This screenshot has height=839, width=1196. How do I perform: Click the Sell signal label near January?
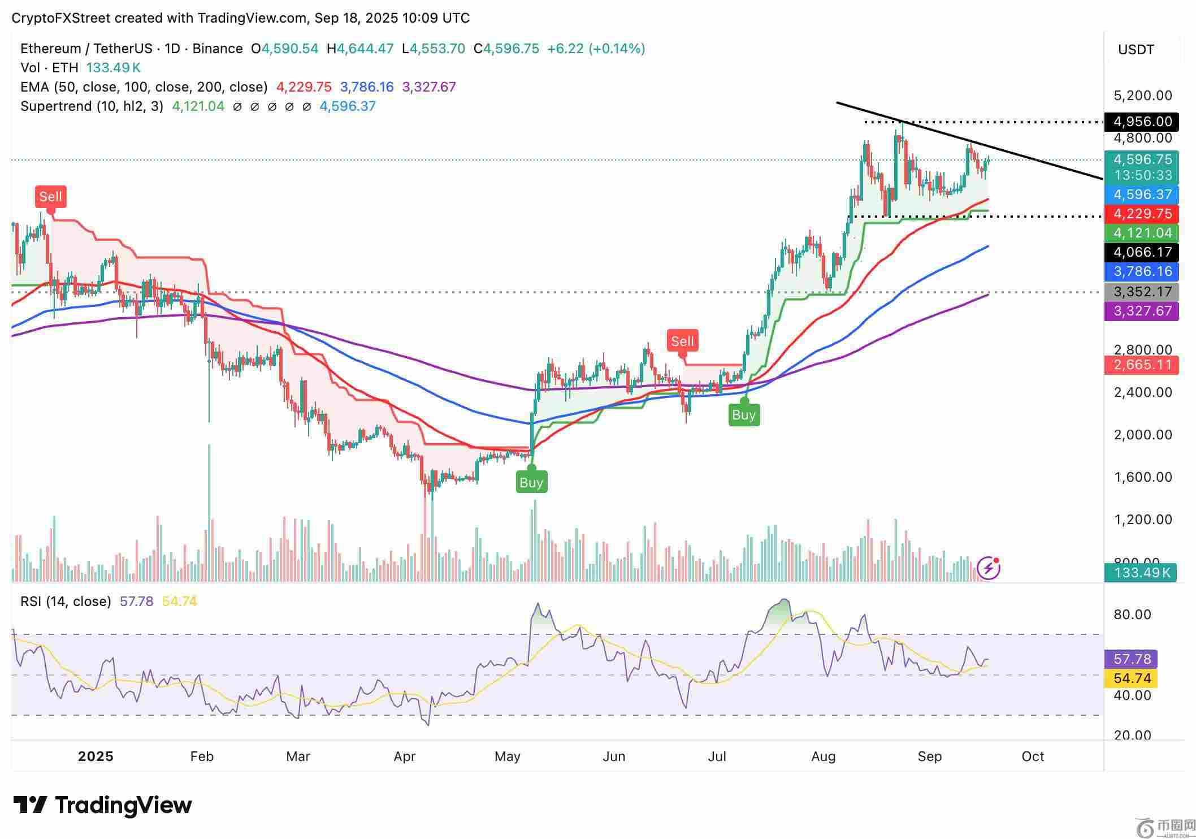[x=50, y=197]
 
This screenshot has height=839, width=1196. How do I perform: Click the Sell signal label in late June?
[x=682, y=341]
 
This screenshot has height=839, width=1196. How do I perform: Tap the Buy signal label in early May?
[x=531, y=482]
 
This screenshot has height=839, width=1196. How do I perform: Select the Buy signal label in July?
[x=743, y=415]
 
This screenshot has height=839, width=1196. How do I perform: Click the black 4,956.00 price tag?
[x=1141, y=122]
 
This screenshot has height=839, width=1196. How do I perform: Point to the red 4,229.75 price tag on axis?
[x=1141, y=214]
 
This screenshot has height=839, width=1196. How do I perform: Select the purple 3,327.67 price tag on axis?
[x=1141, y=311]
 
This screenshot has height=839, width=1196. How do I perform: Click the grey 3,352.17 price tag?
[x=1141, y=292]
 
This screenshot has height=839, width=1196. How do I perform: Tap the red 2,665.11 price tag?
[x=1141, y=365]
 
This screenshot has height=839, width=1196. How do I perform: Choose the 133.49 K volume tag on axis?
[x=1140, y=573]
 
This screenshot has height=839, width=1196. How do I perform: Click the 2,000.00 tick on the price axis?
[x=1142, y=435]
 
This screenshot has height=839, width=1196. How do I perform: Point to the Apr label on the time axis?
[x=405, y=756]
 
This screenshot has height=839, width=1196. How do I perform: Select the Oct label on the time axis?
[x=1033, y=756]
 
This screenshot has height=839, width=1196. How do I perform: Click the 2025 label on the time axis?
[x=96, y=756]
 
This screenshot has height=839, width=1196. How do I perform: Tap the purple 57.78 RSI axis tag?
[x=1131, y=659]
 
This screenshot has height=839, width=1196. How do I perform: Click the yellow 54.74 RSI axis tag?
[x=1131, y=678]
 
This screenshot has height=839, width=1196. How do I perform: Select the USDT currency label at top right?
[x=1136, y=50]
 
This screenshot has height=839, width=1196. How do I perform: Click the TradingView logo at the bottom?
[x=102, y=805]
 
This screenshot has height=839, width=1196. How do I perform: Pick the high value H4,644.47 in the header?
[x=360, y=49]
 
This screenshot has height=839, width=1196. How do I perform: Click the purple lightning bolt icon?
[x=989, y=568]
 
